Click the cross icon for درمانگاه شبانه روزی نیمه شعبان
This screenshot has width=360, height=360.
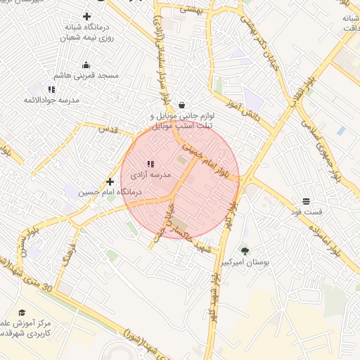pos(86,16)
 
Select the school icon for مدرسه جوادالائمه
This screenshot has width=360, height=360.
pos(51,89)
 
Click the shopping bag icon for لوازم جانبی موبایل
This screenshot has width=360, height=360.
pos(182,104)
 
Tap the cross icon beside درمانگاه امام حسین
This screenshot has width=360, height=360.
pos(110,181)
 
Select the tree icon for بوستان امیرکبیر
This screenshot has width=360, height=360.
pos(245,251)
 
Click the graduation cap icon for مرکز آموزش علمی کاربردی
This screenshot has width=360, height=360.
pos(22,312)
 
